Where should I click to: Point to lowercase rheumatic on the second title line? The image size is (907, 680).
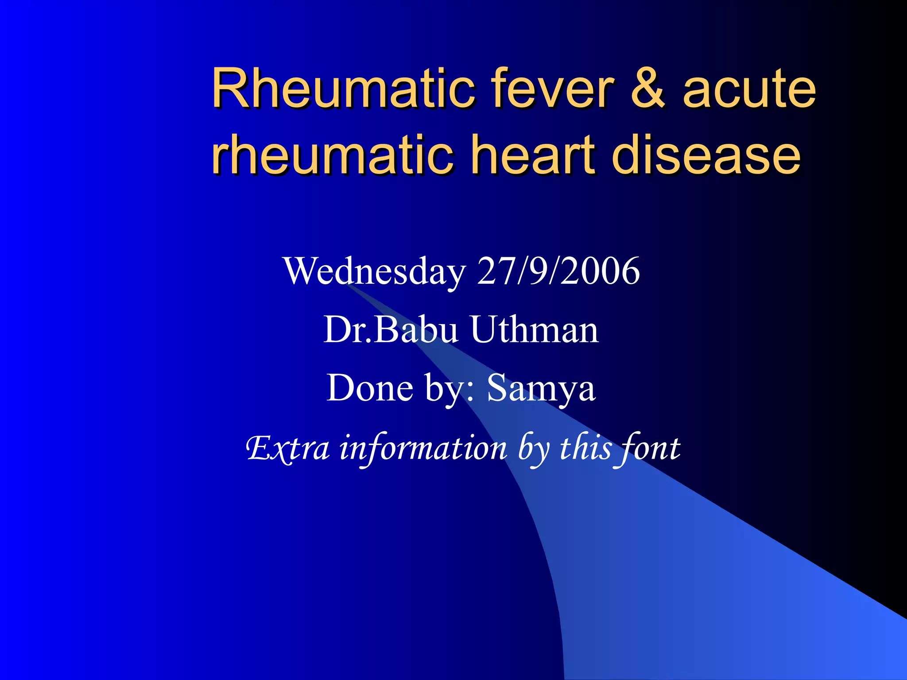coord(333,155)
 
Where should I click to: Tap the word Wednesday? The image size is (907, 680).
coord(375,271)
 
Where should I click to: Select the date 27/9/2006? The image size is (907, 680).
coord(558,271)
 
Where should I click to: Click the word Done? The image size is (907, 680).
coord(370,387)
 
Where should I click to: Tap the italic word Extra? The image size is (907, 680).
coord(288,448)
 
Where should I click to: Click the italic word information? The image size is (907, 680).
coord(423,448)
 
